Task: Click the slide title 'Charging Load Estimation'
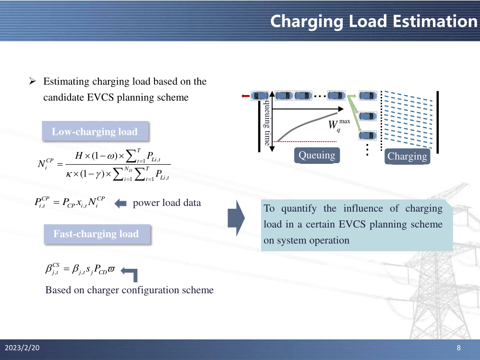point(373,21)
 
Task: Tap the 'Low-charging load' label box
point(95,132)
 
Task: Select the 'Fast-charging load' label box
point(96,234)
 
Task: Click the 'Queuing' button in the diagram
point(317,155)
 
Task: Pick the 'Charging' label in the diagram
point(407,156)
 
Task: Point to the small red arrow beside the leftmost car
point(246,96)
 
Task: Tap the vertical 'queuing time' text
point(266,123)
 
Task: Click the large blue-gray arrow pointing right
point(236,218)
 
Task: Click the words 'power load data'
point(167,203)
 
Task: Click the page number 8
point(458,348)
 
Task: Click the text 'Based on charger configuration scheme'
point(129,290)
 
